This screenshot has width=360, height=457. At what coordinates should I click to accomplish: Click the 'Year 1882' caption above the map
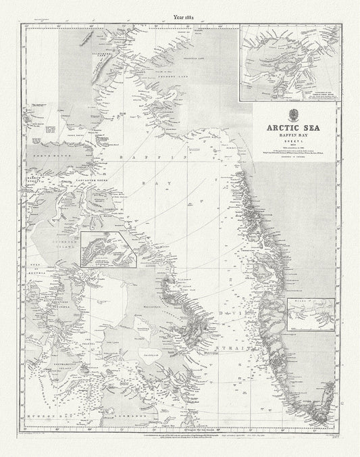tap(180, 9)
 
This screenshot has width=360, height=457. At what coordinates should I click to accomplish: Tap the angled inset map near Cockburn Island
tap(108, 248)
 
